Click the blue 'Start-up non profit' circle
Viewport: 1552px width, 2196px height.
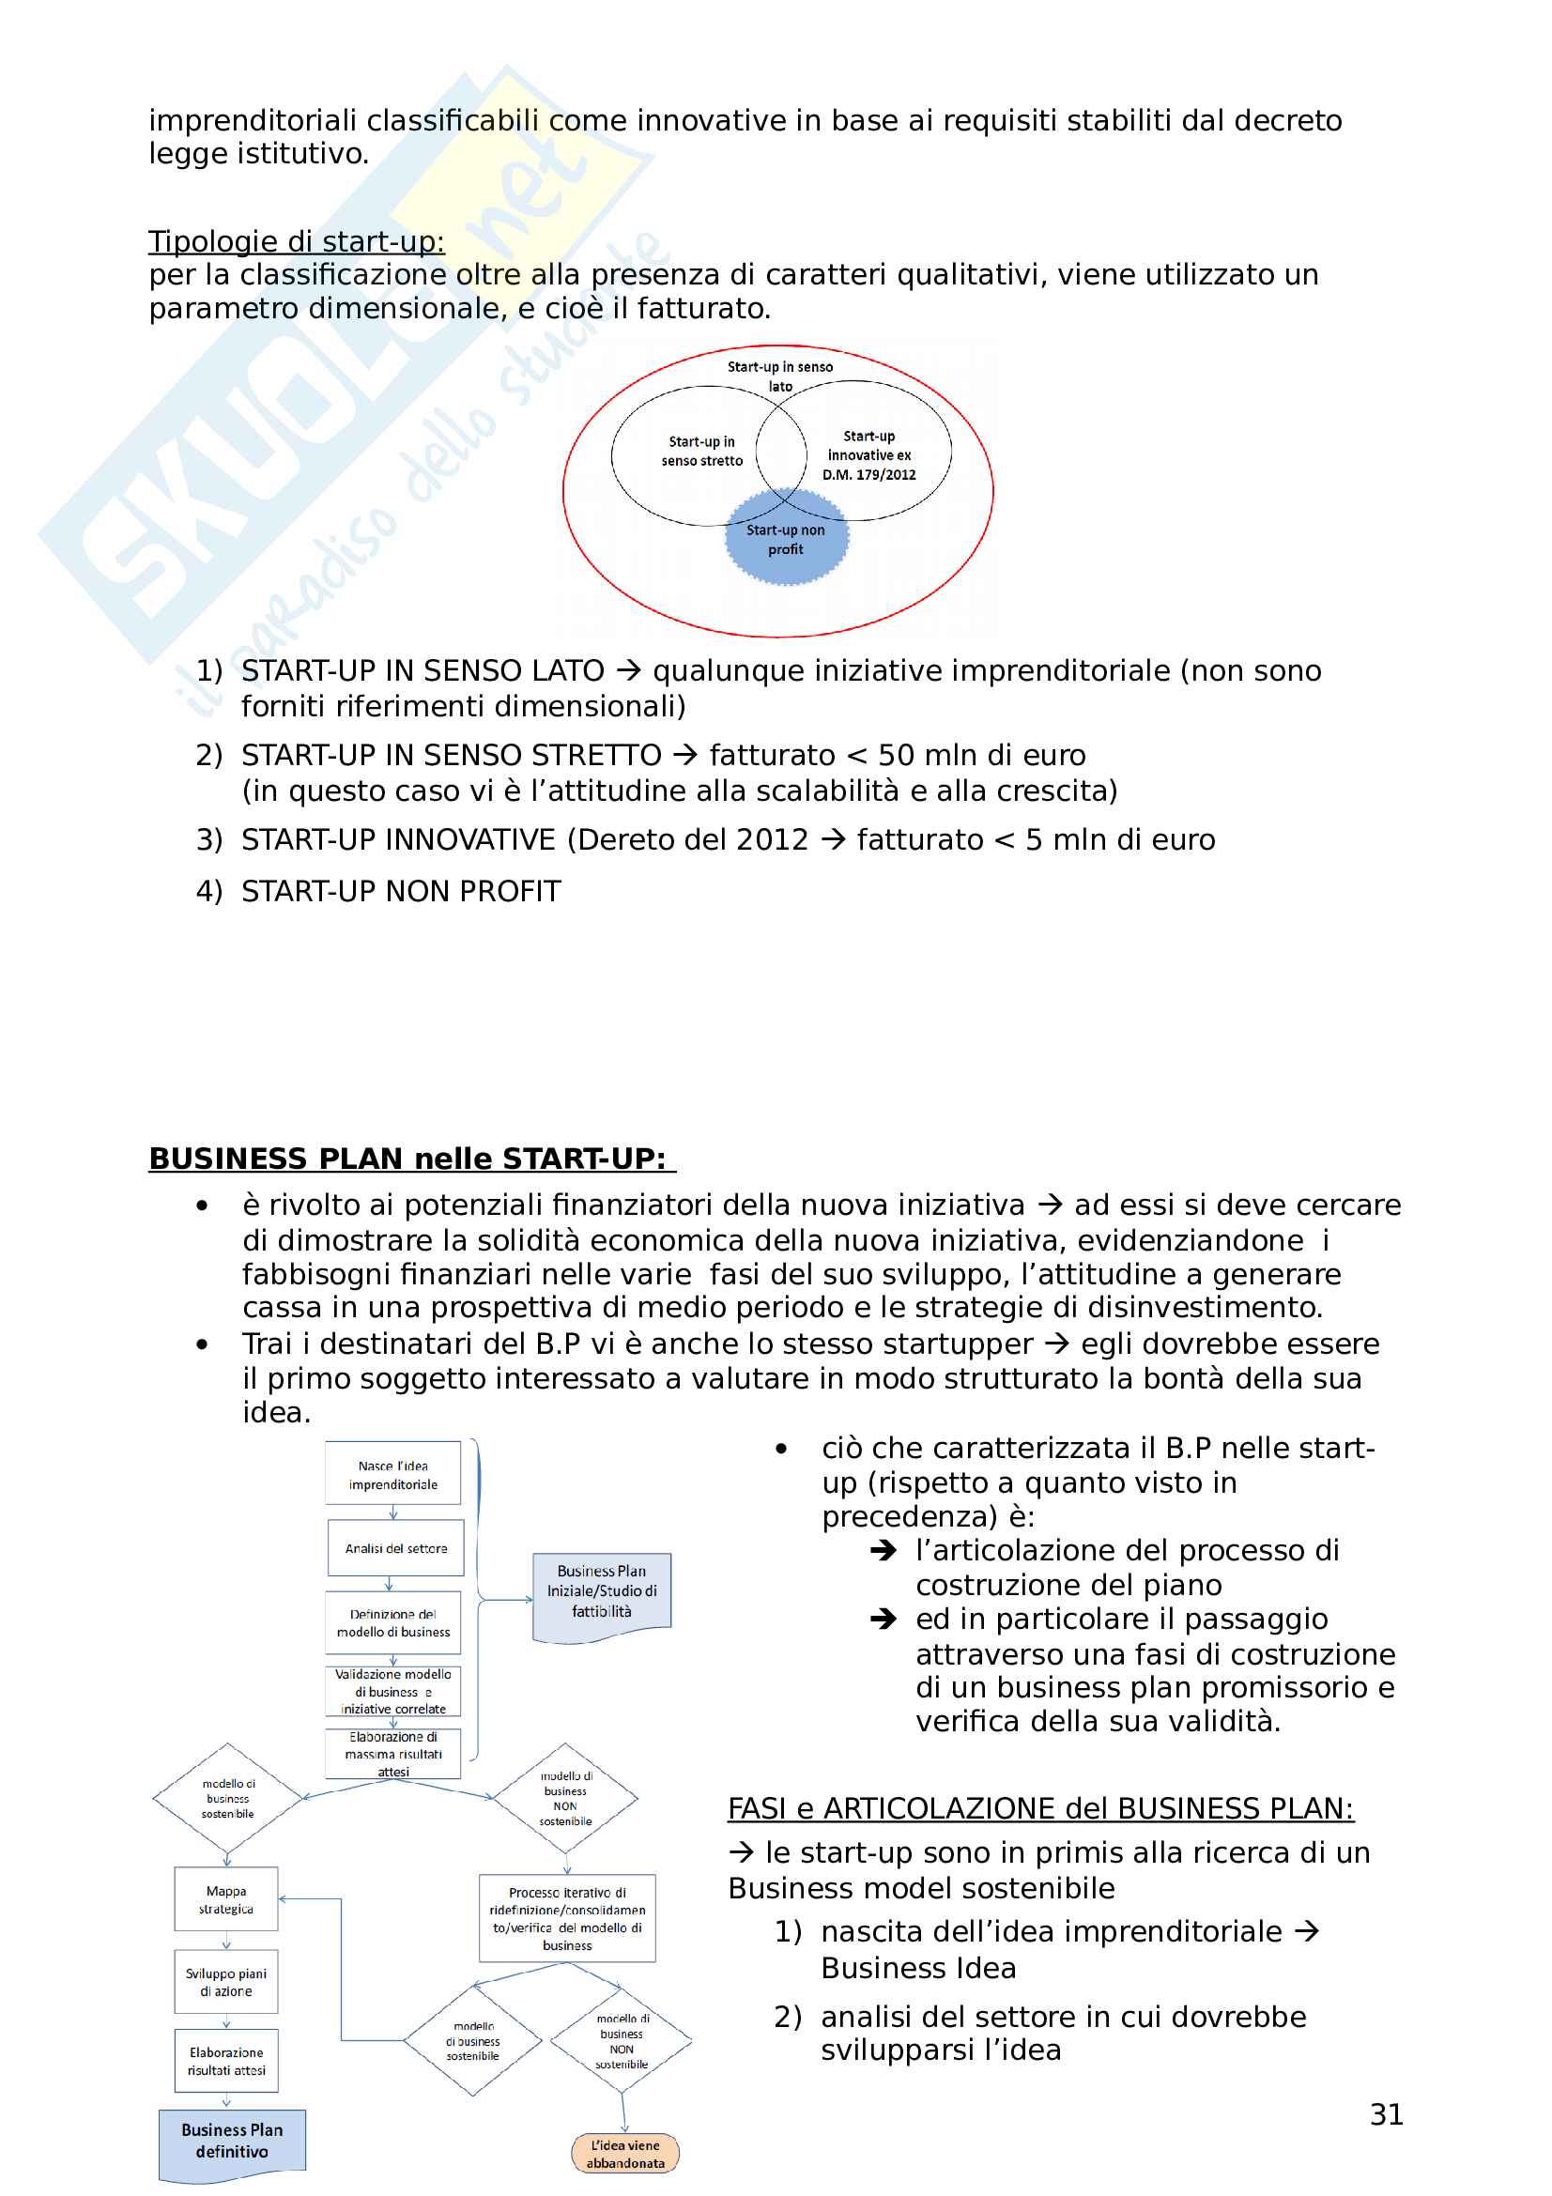[786, 540]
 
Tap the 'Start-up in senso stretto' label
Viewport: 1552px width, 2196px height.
[702, 451]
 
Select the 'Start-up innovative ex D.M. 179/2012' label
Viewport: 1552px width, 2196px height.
[868, 455]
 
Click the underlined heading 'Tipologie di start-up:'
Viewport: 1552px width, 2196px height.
[297, 241]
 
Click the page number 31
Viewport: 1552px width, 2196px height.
[1386, 2113]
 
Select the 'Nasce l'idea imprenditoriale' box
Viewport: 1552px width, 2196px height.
[393, 1474]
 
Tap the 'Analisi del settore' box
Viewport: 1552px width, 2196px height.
[396, 1547]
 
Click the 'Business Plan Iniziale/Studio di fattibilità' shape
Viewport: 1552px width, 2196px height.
[602, 1590]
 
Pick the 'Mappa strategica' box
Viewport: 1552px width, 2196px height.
[226, 1898]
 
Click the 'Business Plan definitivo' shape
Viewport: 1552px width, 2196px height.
[232, 2140]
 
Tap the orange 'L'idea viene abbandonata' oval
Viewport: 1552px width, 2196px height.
[625, 2153]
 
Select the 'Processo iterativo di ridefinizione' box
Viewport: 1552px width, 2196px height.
[567, 1918]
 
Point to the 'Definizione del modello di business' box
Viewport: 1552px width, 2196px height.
[393, 1622]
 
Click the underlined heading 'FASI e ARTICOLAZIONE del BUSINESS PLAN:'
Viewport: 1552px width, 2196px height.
[1040, 1807]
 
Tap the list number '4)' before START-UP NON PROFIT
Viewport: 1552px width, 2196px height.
[208, 890]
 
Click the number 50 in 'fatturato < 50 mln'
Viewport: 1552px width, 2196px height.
[895, 755]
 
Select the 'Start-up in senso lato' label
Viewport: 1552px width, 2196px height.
[779, 376]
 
